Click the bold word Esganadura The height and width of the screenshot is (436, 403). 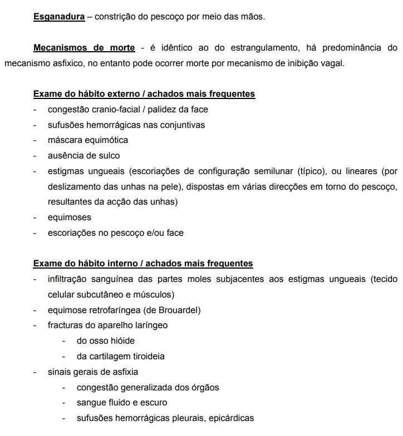pyautogui.click(x=59, y=17)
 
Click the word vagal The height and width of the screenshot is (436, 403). pyautogui.click(x=332, y=63)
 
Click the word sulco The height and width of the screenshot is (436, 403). pyautogui.click(x=108, y=155)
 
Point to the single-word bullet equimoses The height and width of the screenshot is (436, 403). pyautogui.click(x=70, y=217)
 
